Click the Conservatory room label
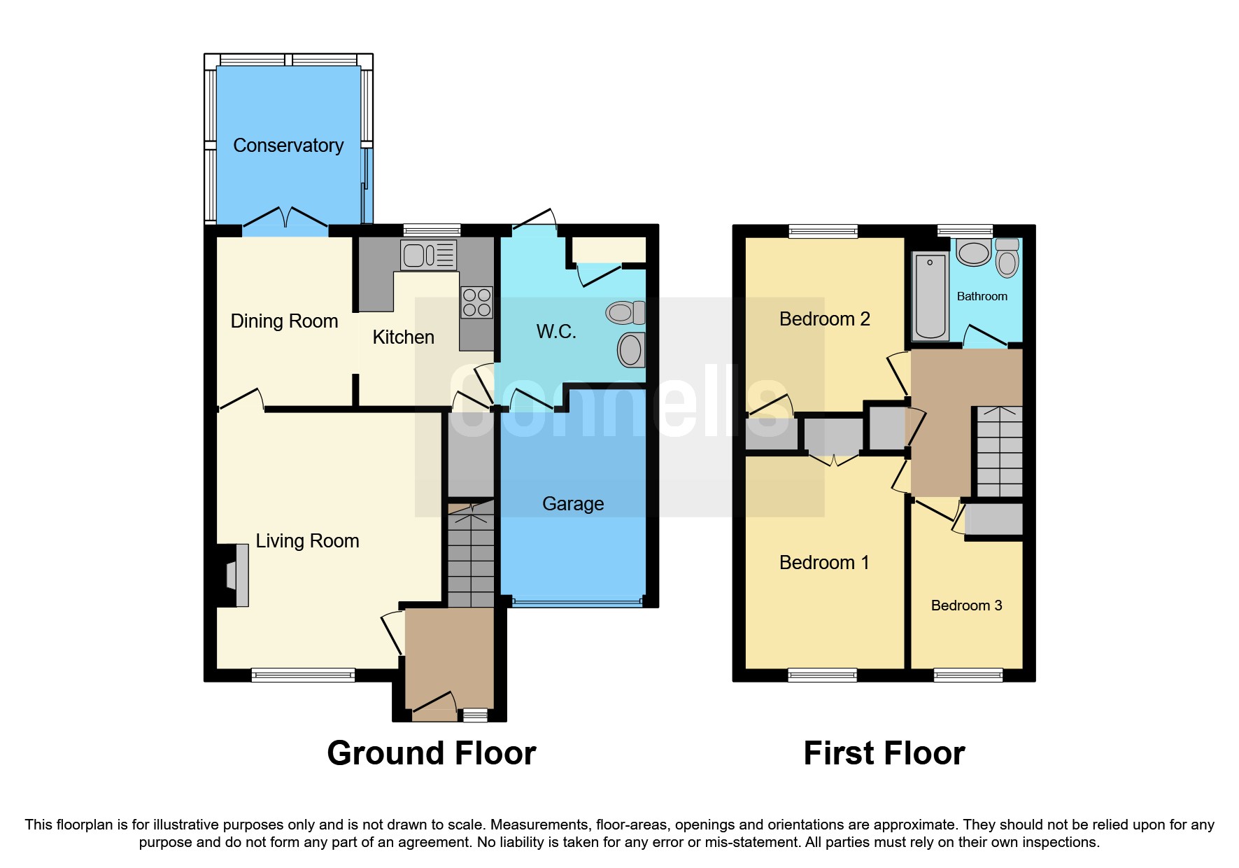(x=288, y=146)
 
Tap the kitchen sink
(x=428, y=255)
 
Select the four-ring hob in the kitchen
(x=476, y=302)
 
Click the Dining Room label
(x=284, y=321)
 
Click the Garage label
(x=573, y=504)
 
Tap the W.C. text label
(x=556, y=332)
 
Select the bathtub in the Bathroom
(x=930, y=296)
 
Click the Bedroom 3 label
(x=966, y=605)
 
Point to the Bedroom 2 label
(x=824, y=319)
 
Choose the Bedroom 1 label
(x=824, y=563)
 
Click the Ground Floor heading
(x=431, y=753)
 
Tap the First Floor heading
(x=884, y=753)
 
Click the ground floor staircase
(x=471, y=556)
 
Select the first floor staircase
(x=999, y=451)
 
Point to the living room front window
(x=303, y=675)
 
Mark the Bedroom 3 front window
(x=968, y=675)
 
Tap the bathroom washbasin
(x=973, y=253)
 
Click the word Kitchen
(x=403, y=337)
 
